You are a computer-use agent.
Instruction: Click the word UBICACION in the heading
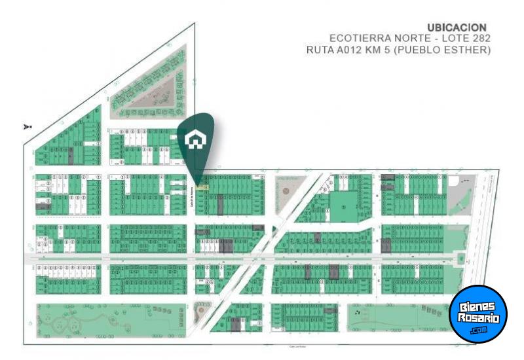457,27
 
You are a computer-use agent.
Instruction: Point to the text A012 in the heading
354,50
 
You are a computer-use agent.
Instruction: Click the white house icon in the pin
195,140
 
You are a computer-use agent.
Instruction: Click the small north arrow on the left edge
27,126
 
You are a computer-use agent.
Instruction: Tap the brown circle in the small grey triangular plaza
286,191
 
